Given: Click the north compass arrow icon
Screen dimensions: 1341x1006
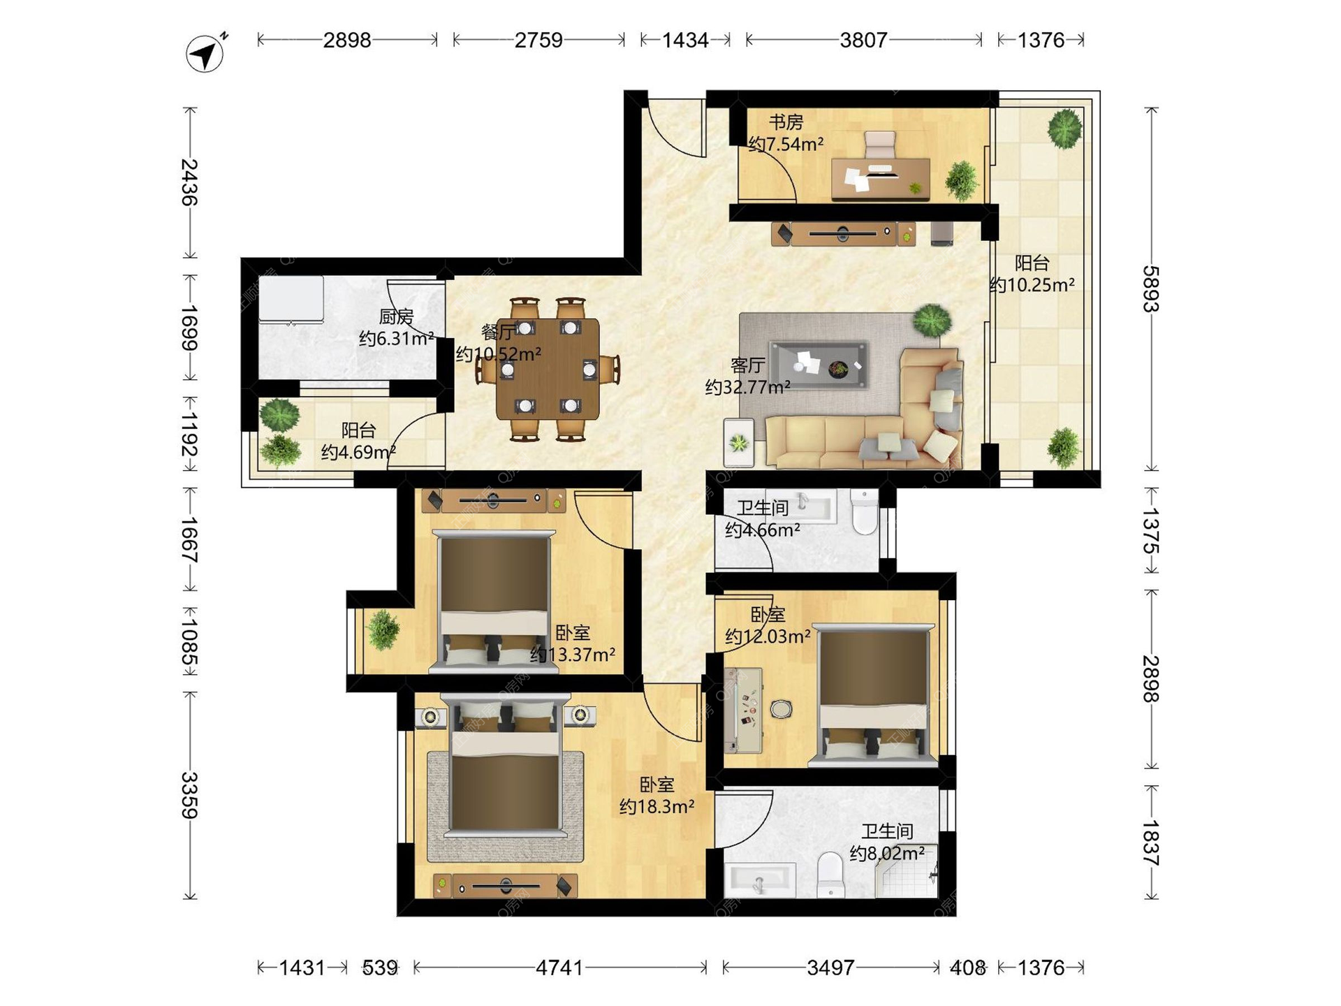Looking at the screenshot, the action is coord(205,53).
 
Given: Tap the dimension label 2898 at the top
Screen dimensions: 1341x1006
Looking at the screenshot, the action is coord(347,41).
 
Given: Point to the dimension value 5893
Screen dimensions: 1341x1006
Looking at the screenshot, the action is coord(1151,289).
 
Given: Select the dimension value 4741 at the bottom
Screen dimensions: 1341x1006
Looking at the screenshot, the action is coord(559,968).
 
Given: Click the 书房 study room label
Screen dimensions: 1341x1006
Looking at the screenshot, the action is coord(786,122).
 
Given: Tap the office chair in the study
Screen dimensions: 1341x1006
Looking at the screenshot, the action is coord(879,145).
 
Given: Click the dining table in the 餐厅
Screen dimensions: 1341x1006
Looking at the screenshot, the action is coord(548,369).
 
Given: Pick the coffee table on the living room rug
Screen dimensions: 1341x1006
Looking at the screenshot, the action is coord(819,365).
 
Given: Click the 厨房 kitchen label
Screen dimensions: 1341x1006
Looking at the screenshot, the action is coord(396,317).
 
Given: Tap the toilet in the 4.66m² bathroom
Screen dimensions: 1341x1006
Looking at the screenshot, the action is coord(865,512).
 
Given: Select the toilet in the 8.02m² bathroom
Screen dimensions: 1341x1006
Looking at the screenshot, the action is coord(831,874).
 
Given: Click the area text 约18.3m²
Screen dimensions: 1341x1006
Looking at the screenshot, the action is coord(657,807).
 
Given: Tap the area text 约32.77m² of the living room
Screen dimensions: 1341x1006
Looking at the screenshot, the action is coord(747,387).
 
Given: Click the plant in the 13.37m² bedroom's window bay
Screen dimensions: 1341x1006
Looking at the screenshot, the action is coord(383,629).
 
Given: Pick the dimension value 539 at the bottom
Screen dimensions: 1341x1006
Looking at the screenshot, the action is coord(380,968).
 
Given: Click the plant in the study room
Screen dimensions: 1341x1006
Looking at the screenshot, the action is coord(962,180).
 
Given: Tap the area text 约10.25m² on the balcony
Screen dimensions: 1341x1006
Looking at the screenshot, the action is coord(1032,285).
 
